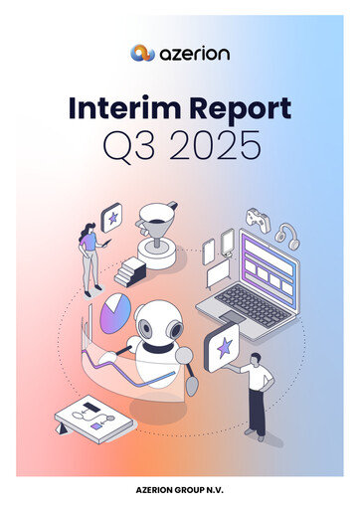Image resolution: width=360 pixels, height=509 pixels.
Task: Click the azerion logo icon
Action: pos(142,52)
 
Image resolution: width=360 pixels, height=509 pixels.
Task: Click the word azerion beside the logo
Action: pos(193,52)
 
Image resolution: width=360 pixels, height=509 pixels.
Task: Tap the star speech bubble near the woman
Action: pos(112,218)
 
